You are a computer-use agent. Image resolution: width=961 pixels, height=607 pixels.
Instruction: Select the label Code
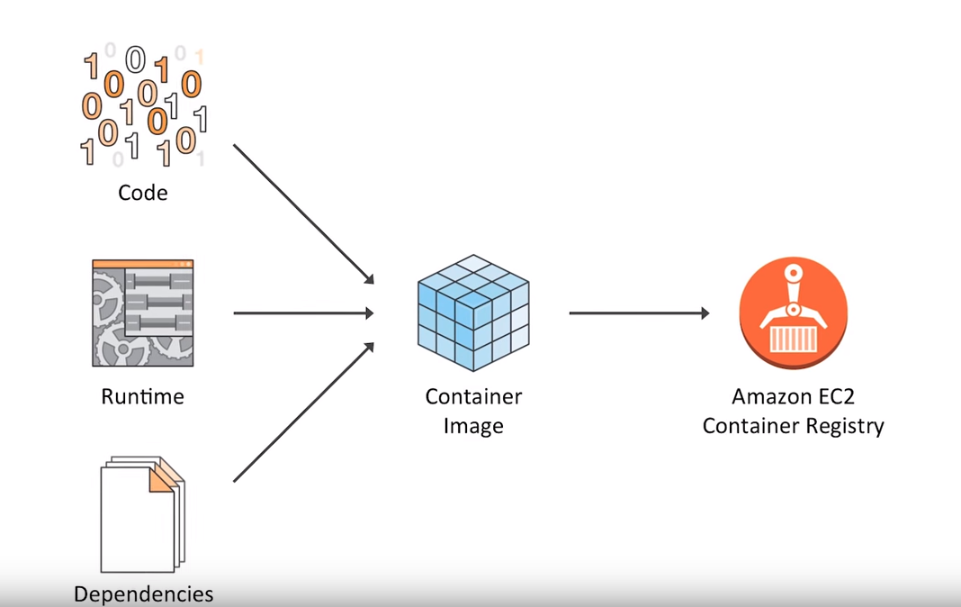(x=143, y=192)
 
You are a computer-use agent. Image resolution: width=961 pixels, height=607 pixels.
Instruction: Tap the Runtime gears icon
(x=143, y=313)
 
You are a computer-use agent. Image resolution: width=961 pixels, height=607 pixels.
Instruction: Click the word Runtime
(x=143, y=396)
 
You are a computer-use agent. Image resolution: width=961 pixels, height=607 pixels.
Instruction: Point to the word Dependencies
(x=144, y=594)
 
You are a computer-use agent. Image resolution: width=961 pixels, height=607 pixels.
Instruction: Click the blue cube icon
(x=473, y=313)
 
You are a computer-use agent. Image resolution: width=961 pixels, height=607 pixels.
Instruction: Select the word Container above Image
(x=473, y=396)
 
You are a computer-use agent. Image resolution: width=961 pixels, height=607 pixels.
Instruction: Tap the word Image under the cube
(x=473, y=426)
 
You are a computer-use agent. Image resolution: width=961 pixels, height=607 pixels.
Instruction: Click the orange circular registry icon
(x=793, y=313)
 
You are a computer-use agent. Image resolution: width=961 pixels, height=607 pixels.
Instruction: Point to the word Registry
(x=843, y=426)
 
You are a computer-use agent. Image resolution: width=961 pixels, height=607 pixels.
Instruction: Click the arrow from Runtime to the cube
(x=303, y=313)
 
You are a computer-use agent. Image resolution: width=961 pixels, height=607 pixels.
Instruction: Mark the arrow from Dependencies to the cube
(x=303, y=412)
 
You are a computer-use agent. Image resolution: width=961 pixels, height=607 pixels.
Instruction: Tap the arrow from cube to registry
(x=639, y=313)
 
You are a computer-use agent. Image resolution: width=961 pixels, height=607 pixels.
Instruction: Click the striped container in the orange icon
(x=793, y=339)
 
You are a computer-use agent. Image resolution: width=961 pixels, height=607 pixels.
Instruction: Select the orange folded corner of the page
(x=160, y=477)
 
